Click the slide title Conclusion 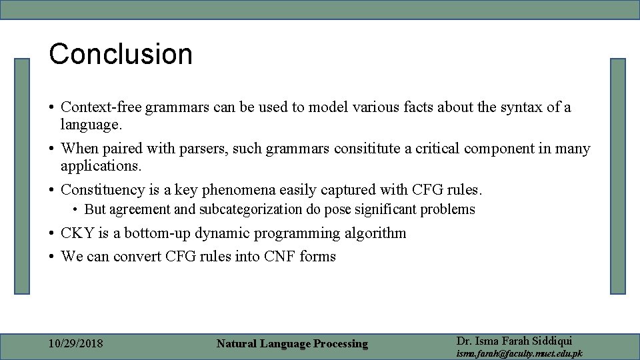pos(121,54)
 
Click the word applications pos(101,165)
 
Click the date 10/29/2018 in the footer pos(76,344)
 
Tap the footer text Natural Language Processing pos(292,344)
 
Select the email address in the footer pos(519,353)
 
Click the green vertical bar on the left pos(23,176)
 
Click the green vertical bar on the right pos(618,176)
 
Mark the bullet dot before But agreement pos(77,210)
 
